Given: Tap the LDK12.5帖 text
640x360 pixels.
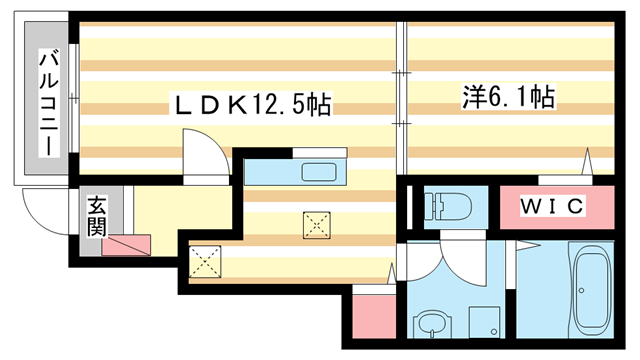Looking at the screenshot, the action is [x=252, y=103].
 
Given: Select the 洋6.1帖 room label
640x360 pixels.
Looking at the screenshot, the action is [x=508, y=97].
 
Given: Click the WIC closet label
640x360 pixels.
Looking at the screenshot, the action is [x=552, y=207].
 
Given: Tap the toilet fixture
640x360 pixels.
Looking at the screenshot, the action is [x=441, y=206].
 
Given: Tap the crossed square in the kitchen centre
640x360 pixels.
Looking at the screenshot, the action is [x=318, y=226].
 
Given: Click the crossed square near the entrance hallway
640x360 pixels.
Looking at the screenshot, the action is [x=205, y=262].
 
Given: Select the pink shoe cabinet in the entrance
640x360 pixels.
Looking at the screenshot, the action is [x=127, y=244].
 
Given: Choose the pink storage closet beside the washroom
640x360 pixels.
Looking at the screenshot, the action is [x=375, y=312].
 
